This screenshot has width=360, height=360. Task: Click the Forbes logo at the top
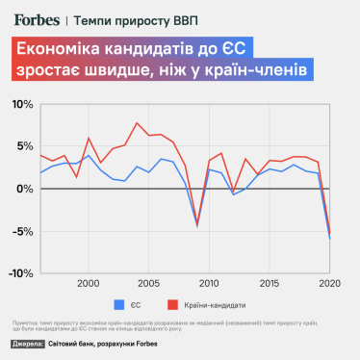[36, 17]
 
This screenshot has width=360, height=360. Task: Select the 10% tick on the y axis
[21, 104]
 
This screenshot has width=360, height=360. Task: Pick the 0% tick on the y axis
[24, 189]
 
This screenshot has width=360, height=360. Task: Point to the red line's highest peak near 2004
[137, 123]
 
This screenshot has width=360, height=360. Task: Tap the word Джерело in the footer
[29, 347]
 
